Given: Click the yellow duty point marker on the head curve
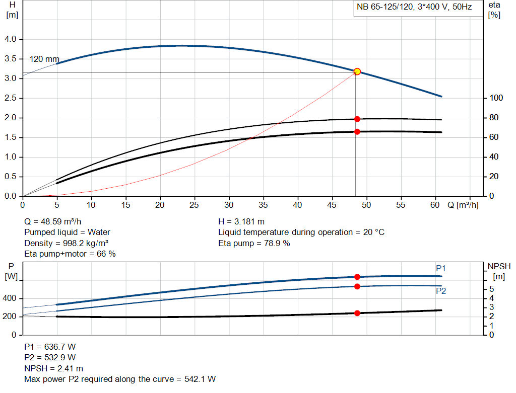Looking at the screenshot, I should pos(357,71).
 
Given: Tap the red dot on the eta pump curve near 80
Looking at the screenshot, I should pos(357,119).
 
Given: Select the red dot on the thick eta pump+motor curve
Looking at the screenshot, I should pos(357,131).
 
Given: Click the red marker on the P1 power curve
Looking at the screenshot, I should pos(357,277).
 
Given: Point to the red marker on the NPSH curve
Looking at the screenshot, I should pos(357,313).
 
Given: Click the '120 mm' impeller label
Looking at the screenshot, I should pos(44,59).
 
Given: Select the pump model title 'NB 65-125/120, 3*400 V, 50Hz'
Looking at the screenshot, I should pos(414,8).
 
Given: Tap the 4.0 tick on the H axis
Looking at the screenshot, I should pos(10,39).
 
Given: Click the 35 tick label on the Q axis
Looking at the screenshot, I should pos(264,205).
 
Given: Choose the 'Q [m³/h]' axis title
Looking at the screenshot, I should pos(463,205).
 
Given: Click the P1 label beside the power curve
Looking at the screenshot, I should pos(441,268).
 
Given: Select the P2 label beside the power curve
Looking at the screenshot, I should pos(441,291).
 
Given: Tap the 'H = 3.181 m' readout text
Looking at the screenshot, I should pos(241,221).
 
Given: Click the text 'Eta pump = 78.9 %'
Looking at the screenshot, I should pos(254,243).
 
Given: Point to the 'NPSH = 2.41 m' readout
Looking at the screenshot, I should pos(53,368).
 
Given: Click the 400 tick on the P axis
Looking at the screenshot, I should pos(11,298).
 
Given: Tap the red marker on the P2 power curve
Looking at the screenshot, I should pos(357,286).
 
